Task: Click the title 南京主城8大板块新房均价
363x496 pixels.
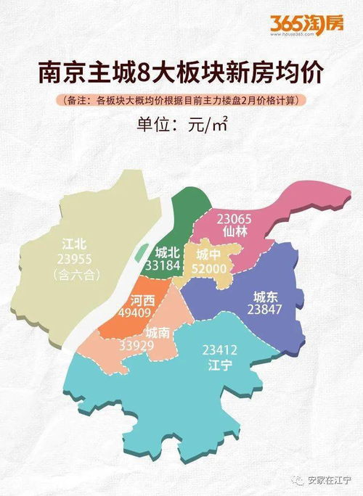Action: (181, 74)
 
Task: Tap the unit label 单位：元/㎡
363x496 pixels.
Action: (182, 124)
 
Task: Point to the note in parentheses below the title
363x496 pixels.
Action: (181, 99)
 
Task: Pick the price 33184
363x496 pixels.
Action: (167, 268)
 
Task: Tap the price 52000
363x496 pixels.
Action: (211, 268)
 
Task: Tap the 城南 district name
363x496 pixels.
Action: (158, 332)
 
